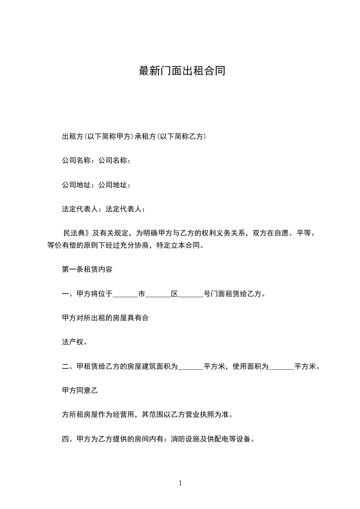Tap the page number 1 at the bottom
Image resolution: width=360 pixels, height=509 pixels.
point(180,483)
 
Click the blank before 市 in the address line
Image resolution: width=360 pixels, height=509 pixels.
point(125,294)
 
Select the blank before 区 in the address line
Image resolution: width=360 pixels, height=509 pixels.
point(158,294)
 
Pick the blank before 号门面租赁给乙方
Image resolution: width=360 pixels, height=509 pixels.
point(191,294)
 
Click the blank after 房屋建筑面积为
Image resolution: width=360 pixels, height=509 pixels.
point(191,367)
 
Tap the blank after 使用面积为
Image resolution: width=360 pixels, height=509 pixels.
point(281,367)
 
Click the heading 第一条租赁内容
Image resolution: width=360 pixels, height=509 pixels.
point(87,269)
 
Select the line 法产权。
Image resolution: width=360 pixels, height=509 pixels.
point(75,342)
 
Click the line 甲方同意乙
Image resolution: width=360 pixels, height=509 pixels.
point(80,390)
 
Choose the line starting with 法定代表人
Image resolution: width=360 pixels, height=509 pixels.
point(104,209)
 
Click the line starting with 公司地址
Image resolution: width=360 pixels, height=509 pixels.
point(97,185)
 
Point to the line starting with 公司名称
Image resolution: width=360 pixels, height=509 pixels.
point(97,160)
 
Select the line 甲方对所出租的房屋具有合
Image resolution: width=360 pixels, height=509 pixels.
point(105,318)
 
